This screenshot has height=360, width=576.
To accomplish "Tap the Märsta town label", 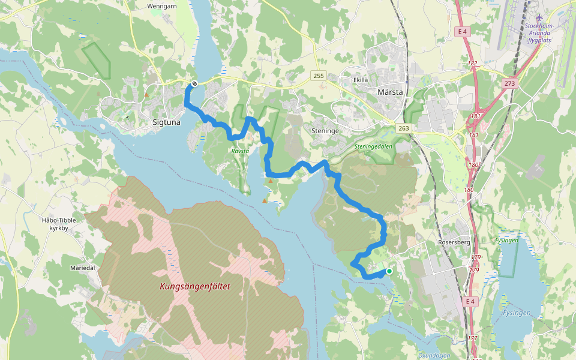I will click(391, 92).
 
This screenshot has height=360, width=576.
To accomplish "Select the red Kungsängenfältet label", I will click(195, 286).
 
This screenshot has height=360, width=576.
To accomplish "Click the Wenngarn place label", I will click(160, 7).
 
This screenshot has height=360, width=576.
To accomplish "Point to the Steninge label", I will click(325, 130).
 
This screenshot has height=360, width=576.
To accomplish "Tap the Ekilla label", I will click(361, 79).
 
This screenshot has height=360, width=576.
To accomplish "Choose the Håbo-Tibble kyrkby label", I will click(59, 224).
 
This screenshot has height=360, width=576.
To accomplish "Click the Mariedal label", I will click(83, 268).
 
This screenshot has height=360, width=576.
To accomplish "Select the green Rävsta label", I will click(240, 151).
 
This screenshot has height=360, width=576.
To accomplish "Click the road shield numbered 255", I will click(318, 75).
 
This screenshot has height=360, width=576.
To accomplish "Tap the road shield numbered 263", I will click(404, 128).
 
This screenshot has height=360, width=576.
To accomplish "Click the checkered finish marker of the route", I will click(194, 84).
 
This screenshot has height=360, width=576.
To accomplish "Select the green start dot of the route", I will click(389, 271).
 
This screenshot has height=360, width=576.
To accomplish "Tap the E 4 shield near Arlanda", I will click(462, 31).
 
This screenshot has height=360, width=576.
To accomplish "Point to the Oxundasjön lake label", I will click(434, 355).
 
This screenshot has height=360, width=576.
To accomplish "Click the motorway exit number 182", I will click(473, 63).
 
